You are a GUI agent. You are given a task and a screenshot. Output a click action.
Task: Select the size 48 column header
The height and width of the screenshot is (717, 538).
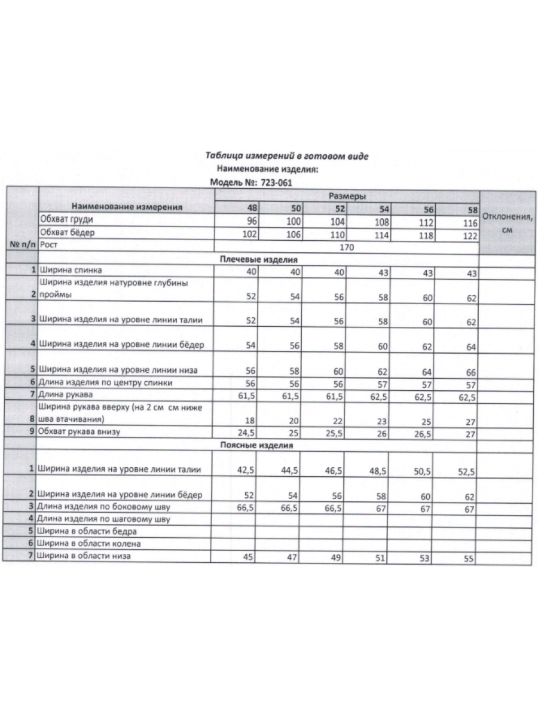pos(252,209)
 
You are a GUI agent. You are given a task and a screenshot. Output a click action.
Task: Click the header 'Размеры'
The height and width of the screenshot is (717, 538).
pos(347,196)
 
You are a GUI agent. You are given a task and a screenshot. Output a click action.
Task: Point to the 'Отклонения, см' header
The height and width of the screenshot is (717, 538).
pos(508,222)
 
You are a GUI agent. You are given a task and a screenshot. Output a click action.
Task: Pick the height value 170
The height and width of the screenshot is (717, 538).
pos(347,246)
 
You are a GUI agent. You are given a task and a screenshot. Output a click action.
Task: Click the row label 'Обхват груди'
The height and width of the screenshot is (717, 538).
pos(66,220)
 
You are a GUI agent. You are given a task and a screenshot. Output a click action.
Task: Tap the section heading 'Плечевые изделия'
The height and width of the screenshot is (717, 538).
pos(258,259)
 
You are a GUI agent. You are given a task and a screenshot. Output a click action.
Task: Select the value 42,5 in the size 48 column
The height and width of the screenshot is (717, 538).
pos(246,470)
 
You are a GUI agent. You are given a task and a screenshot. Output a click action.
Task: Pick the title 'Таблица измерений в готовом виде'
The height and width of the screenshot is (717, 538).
pos(287,156)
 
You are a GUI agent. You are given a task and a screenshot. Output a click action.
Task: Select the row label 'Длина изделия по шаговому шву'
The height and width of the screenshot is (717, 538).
pos(104,519)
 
